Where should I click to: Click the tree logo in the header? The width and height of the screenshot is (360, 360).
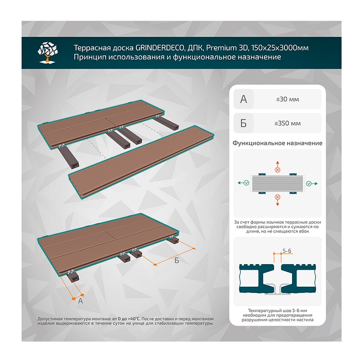[x=48, y=53]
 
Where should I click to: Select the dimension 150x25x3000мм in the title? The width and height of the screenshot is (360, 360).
[x=280, y=48]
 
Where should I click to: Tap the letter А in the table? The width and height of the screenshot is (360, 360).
[x=243, y=99]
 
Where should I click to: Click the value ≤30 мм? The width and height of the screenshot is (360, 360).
[x=288, y=99]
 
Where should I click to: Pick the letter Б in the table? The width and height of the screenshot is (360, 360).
[x=243, y=123]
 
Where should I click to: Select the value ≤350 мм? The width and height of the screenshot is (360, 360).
[x=288, y=123]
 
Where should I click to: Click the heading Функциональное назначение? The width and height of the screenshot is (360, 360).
[x=277, y=143]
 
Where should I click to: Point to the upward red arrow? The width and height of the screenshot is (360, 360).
[x=278, y=164]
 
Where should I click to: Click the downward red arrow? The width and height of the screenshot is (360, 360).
[x=278, y=202]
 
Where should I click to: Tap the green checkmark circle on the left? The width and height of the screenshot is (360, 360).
[x=246, y=183]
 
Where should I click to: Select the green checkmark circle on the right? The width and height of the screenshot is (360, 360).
[x=309, y=184]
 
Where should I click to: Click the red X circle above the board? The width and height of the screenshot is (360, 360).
[x=278, y=170]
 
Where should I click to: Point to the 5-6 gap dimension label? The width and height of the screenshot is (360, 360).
[x=287, y=251]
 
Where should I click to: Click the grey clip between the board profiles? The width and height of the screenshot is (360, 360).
[x=278, y=289]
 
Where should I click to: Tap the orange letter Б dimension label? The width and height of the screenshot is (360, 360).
[x=176, y=261]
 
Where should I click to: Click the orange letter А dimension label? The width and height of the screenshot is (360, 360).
[x=81, y=301]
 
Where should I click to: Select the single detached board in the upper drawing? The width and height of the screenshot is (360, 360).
[x=142, y=162]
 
